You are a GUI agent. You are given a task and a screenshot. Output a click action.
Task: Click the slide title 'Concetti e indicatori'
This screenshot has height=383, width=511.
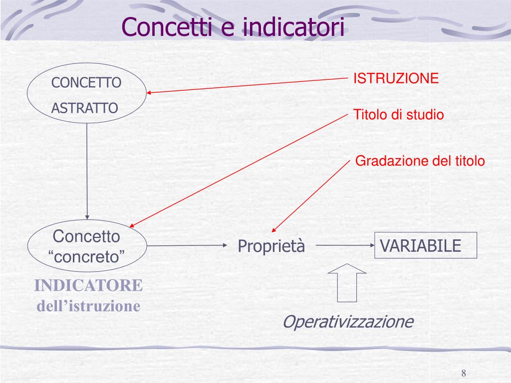[x=233, y=27]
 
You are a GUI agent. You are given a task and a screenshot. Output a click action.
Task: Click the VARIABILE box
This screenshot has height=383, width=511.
[x=426, y=245]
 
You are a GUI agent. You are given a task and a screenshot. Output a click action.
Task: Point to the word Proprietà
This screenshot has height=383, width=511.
[x=271, y=246]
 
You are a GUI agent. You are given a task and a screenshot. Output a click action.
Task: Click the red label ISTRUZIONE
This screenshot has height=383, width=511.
[x=396, y=78]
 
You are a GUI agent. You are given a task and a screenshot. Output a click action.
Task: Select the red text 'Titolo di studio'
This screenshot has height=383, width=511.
[x=398, y=115]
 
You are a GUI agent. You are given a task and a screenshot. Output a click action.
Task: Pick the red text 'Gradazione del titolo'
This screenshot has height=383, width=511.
[x=419, y=161]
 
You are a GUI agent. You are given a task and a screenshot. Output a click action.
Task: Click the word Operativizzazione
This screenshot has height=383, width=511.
[x=348, y=322]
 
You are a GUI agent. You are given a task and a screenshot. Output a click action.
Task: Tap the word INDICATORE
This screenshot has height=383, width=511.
[x=88, y=286]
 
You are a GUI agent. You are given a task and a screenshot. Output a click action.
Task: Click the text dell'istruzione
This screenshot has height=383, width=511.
[x=88, y=306]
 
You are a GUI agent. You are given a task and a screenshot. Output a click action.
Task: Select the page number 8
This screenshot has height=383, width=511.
[x=464, y=374]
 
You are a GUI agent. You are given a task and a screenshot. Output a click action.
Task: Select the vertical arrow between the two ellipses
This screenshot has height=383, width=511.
[x=87, y=170]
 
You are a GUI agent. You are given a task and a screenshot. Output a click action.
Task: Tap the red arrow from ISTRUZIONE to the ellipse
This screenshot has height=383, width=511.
[x=247, y=85]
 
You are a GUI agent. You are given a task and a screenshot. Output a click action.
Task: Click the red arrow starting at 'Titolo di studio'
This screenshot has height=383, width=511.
[x=240, y=170]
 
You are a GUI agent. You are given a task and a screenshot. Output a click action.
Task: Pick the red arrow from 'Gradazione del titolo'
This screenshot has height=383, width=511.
[x=309, y=197]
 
